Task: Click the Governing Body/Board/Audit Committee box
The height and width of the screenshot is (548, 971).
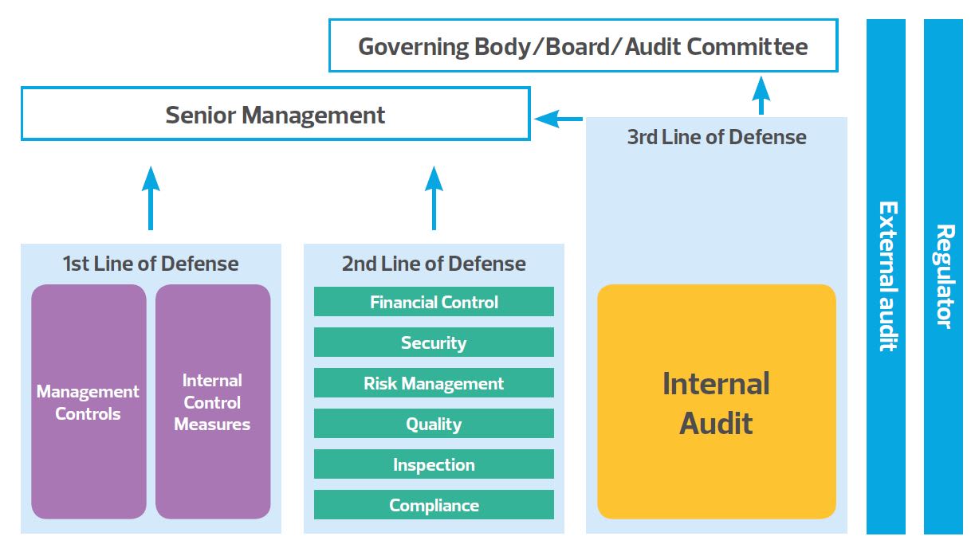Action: click(x=583, y=46)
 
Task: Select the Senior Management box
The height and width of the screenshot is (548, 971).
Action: click(x=275, y=115)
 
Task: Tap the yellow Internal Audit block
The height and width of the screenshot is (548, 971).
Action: click(x=716, y=402)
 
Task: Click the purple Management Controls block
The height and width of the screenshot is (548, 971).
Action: click(x=88, y=402)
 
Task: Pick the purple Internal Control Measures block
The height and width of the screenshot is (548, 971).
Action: click(x=213, y=402)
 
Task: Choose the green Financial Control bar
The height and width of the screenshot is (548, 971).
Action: click(x=434, y=302)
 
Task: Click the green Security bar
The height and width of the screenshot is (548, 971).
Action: click(x=434, y=342)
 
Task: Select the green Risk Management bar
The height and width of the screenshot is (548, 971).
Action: click(x=434, y=383)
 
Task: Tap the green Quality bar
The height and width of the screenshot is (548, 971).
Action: click(x=434, y=424)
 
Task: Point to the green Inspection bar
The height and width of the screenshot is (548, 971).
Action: click(x=434, y=464)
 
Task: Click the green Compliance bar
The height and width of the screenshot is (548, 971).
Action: click(x=434, y=505)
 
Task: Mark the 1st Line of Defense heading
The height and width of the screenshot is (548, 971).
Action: click(x=150, y=264)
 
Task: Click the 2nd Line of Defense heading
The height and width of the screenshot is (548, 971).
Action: click(x=434, y=264)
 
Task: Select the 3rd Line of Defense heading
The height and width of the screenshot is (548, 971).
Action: click(x=716, y=137)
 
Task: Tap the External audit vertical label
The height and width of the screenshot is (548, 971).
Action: click(x=886, y=276)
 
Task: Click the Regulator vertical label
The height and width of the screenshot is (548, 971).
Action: click(x=943, y=276)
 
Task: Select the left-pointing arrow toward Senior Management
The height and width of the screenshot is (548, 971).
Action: click(x=558, y=119)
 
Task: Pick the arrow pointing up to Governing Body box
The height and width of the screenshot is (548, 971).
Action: click(x=761, y=95)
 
